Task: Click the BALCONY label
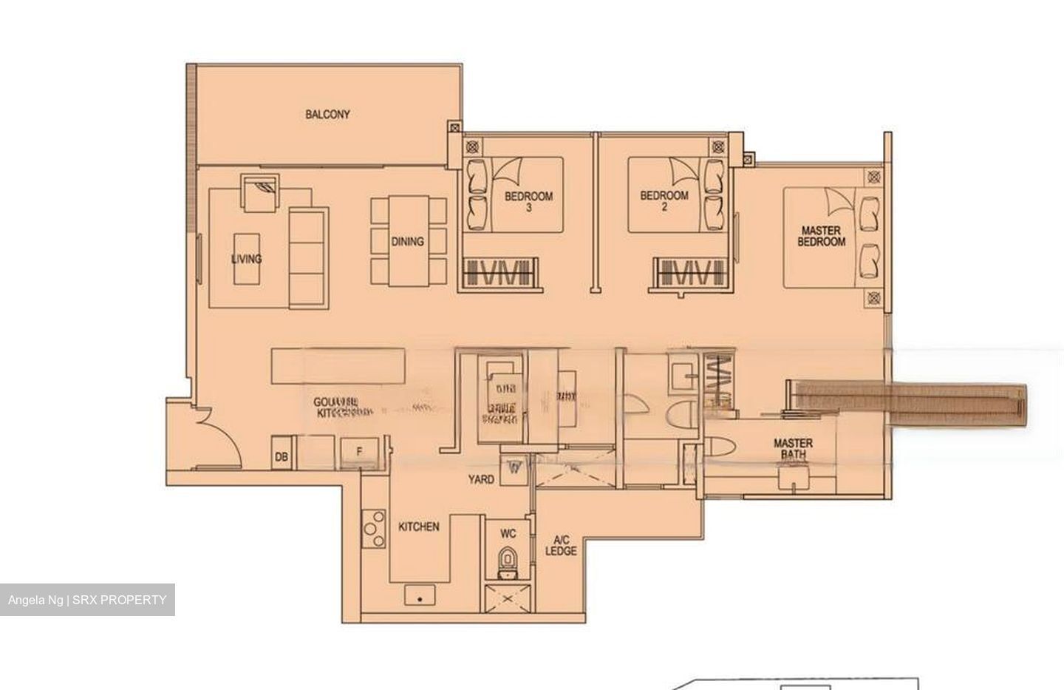(327, 115)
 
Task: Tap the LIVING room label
(246, 259)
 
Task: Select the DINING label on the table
(407, 241)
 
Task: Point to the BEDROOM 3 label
(528, 201)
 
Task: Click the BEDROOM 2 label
(664, 200)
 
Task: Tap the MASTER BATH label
(793, 449)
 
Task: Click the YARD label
(481, 479)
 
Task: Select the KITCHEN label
(419, 527)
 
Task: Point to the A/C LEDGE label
(561, 545)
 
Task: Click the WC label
(508, 533)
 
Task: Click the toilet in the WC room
(508, 560)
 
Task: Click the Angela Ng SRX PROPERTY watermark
(87, 600)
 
